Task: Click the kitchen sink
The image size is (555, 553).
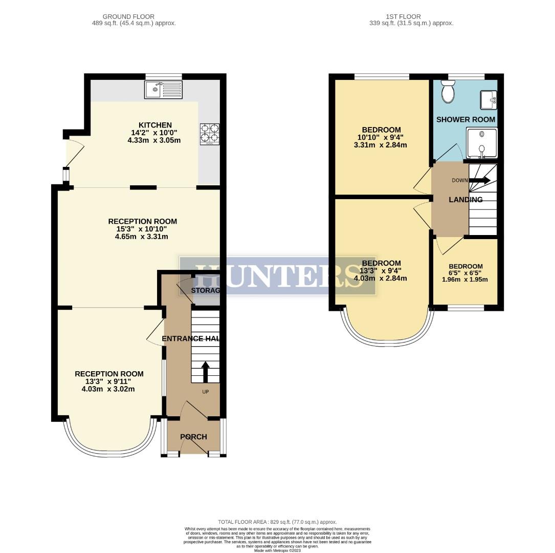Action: (x=163, y=90)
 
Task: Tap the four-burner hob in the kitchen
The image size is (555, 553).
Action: (x=209, y=134)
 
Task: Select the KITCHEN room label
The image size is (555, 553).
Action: (x=155, y=125)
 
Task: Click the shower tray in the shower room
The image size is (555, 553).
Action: (x=480, y=142)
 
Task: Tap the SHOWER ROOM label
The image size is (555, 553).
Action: (x=465, y=119)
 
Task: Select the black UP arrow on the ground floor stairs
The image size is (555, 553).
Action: (x=205, y=372)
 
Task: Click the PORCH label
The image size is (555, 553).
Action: (x=193, y=437)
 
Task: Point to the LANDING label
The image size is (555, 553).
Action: (x=465, y=200)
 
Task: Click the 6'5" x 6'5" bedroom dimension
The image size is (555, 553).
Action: (x=465, y=273)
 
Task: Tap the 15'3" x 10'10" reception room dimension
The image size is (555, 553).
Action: (x=142, y=229)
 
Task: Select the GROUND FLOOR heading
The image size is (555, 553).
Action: (x=128, y=17)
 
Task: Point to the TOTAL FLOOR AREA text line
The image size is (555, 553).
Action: (x=277, y=521)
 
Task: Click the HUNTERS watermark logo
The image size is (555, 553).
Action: (x=278, y=276)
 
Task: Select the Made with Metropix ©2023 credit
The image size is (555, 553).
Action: (x=277, y=550)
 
